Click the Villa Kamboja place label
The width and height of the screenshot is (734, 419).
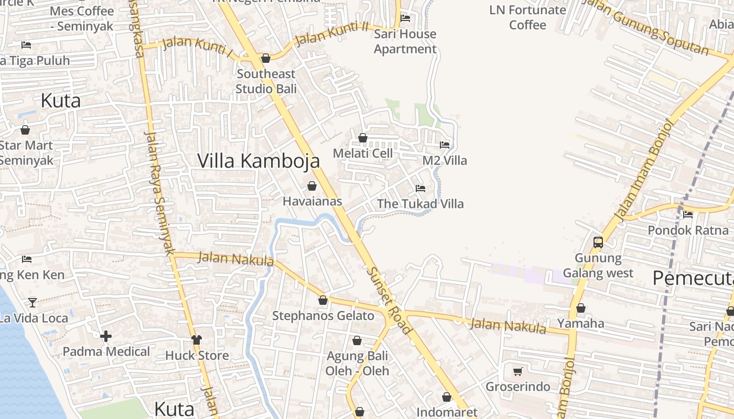[258, 161]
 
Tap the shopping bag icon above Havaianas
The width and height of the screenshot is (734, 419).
[312, 186]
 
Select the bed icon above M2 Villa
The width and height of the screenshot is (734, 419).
[445, 145]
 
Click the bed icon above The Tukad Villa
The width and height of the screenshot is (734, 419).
[420, 189]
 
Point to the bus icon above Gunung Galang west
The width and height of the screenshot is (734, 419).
[598, 242]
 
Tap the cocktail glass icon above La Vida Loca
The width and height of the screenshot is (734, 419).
[33, 302]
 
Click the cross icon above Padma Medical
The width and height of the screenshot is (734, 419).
[106, 336]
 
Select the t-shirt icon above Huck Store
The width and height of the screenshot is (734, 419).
[197, 340]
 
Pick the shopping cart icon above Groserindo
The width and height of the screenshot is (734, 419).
[517, 371]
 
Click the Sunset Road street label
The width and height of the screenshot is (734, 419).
[391, 301]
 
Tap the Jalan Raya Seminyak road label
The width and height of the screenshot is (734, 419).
[159, 192]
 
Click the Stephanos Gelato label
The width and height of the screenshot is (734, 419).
[323, 316]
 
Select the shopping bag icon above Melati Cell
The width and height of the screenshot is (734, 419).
[362, 138]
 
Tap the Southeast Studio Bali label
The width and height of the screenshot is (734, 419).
[266, 81]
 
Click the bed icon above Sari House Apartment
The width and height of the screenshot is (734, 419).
[405, 18]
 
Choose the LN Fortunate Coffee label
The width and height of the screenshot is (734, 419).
[527, 17]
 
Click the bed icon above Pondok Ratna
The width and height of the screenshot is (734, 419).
[688, 215]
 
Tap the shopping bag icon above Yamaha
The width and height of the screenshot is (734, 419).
[581, 308]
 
